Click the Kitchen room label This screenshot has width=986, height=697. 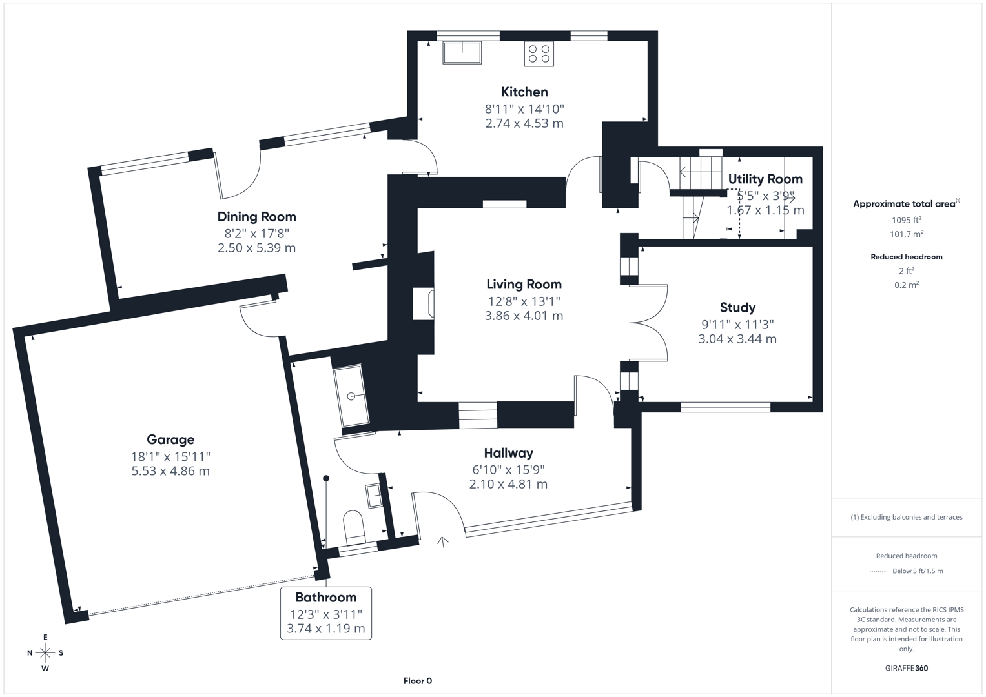[524, 92]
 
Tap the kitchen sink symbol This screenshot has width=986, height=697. [462, 52]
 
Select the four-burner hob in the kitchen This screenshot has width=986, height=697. [539, 54]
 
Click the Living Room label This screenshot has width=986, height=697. [524, 284]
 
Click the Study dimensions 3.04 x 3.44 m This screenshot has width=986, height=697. [737, 339]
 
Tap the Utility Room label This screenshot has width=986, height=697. [765, 179]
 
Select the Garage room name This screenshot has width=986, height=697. [170, 439]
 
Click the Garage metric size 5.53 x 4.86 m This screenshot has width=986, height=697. [170, 471]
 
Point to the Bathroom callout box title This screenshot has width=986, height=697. [325, 597]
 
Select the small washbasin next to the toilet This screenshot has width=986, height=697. [375, 496]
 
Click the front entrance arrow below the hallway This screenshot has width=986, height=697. [443, 541]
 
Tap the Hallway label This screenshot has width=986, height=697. [508, 453]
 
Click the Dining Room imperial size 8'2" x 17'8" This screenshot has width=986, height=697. [256, 234]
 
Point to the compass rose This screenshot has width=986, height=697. [45, 652]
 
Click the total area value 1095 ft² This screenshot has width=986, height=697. [906, 220]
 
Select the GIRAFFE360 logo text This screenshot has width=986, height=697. [906, 668]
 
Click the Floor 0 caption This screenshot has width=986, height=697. [417, 681]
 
